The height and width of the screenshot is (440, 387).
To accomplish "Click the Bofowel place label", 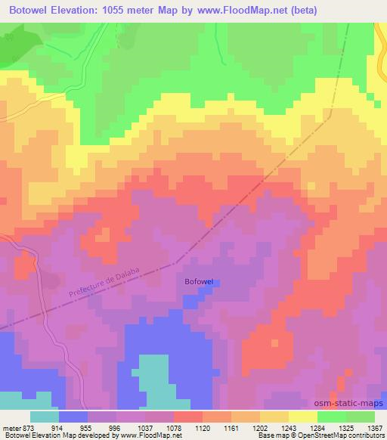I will click(x=200, y=282).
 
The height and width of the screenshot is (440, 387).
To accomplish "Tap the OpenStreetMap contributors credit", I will click(x=348, y=435).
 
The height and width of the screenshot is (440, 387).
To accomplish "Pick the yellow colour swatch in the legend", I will click(x=303, y=417).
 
